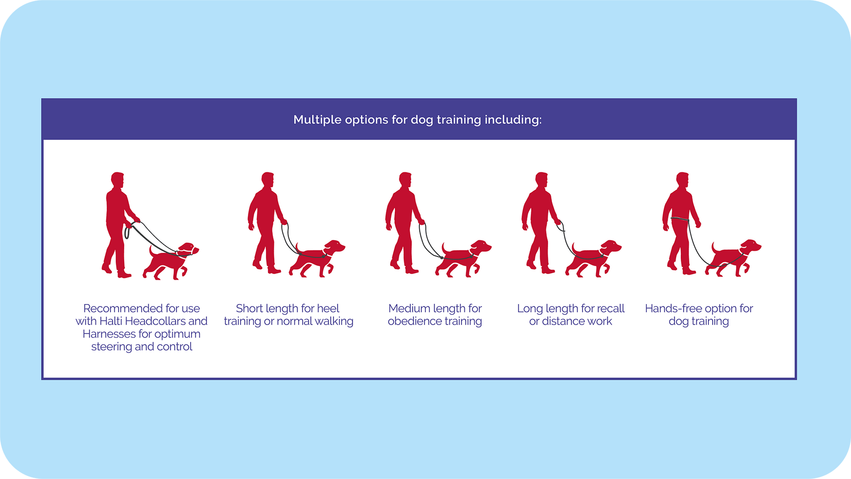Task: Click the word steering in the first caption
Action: click(x=111, y=347)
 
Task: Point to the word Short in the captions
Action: click(x=249, y=308)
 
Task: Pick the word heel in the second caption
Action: click(x=329, y=308)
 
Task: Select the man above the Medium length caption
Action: click(x=404, y=223)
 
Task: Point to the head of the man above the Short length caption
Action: click(x=268, y=179)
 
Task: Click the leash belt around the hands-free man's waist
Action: click(x=680, y=219)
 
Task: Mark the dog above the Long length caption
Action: click(x=593, y=259)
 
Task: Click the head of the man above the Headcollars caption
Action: click(x=118, y=180)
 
